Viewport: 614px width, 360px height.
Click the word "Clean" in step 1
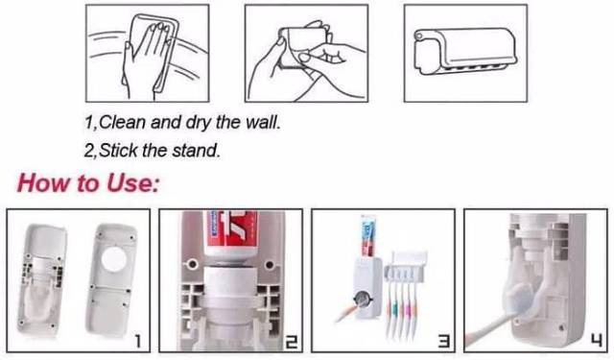click(x=122, y=122)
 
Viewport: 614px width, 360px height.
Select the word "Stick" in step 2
click(x=118, y=151)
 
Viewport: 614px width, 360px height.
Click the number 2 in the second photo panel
click(x=291, y=342)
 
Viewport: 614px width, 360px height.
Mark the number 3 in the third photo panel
click(x=443, y=342)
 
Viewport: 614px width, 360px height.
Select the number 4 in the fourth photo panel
click(x=597, y=342)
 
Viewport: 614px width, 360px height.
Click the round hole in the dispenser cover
click(x=114, y=259)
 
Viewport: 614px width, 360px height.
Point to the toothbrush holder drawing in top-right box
click(x=465, y=51)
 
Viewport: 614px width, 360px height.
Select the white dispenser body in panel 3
click(x=367, y=287)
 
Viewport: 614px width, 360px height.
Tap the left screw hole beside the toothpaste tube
click(x=192, y=264)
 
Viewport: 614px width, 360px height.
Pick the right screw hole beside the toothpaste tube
click(x=270, y=265)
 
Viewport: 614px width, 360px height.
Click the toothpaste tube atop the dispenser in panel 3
click(x=367, y=237)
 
